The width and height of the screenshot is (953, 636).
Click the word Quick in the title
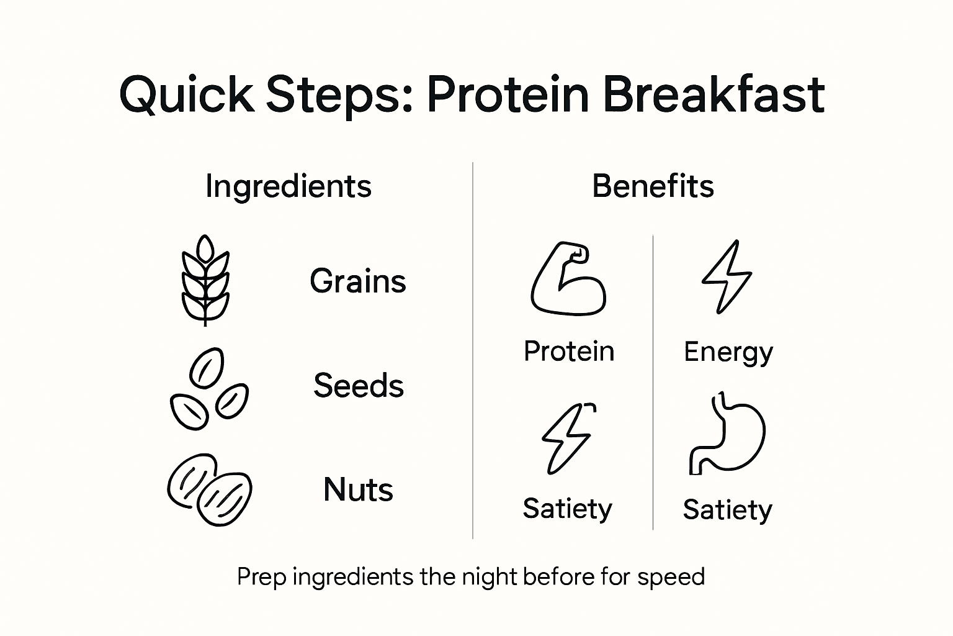click(187, 95)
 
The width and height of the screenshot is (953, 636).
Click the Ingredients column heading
click(289, 186)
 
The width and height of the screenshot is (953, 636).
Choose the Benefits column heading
click(653, 186)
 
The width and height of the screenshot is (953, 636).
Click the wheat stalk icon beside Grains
click(205, 280)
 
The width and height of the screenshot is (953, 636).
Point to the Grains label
click(358, 281)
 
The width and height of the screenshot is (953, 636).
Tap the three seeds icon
click(208, 389)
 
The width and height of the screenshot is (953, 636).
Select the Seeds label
click(359, 386)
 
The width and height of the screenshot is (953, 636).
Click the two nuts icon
click(210, 489)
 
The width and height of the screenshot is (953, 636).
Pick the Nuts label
click(358, 490)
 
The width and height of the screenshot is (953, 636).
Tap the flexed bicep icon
click(568, 279)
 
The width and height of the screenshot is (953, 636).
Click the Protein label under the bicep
click(568, 352)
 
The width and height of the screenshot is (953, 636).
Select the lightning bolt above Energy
click(727, 276)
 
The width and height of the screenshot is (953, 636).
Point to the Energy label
click(728, 353)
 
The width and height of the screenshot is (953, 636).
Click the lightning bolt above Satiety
click(568, 438)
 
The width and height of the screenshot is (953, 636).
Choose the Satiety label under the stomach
click(727, 510)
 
